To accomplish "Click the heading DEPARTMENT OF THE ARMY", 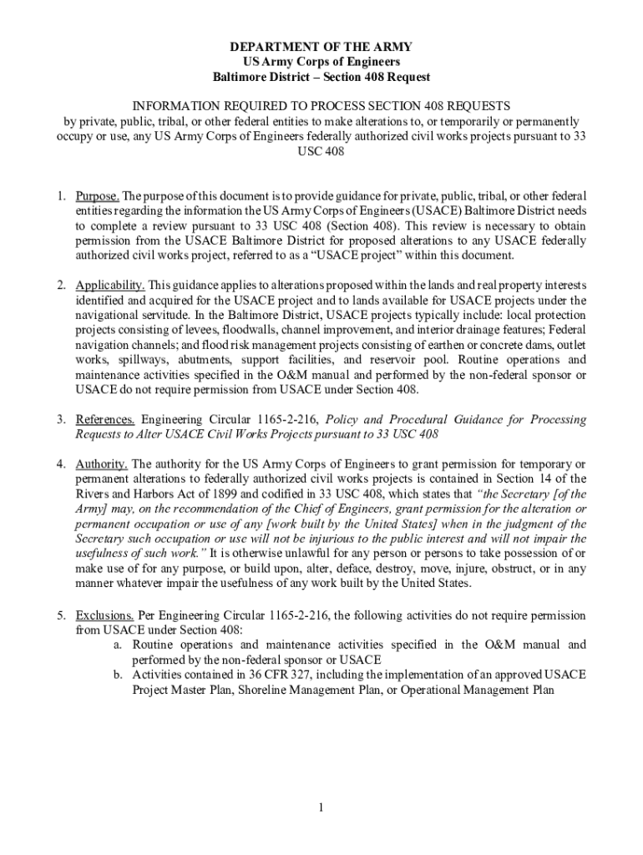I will (x=321, y=47).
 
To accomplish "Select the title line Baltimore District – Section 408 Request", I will (x=321, y=77).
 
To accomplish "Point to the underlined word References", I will (x=104, y=419).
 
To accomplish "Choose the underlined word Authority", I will (x=102, y=463).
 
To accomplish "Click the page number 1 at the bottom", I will (x=321, y=807).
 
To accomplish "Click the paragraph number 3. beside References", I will (x=62, y=419).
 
